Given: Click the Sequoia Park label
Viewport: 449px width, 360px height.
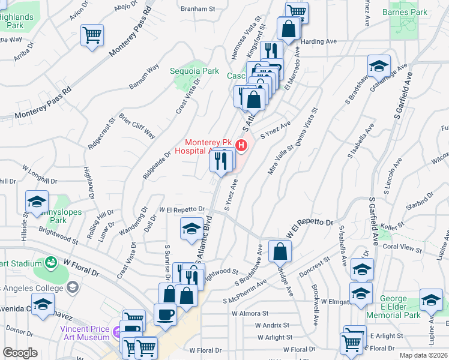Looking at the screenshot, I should (194, 71).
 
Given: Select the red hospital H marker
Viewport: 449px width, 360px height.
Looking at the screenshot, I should (241, 145).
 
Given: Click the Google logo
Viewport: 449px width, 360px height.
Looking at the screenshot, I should (20, 353).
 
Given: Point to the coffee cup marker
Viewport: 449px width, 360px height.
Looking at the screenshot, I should (166, 314).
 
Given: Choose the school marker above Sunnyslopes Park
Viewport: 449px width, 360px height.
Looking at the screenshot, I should (37, 202).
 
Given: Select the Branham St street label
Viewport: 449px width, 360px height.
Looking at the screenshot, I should (199, 9).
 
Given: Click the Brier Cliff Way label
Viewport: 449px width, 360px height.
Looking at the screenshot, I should (136, 125).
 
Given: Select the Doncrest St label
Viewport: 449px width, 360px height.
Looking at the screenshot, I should (316, 264).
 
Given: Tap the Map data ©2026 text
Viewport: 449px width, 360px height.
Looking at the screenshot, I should (423, 355).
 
